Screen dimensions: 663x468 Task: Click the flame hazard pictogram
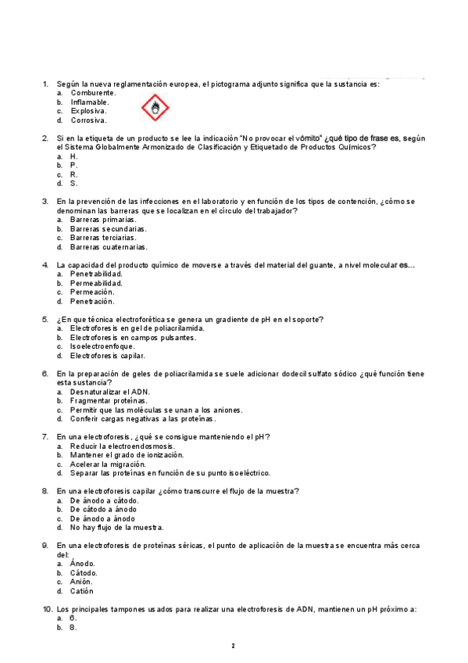tap(156, 108)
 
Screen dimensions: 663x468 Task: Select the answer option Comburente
tap(93, 92)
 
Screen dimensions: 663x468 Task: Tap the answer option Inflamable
tap(90, 102)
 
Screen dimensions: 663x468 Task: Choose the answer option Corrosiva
tap(88, 120)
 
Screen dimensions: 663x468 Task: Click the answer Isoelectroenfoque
tap(102, 346)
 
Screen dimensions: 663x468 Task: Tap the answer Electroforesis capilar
tap(107, 355)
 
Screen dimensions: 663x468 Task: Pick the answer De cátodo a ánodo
tap(103, 509)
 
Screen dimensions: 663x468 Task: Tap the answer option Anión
tap(81, 582)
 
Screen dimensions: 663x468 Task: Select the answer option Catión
tap(82, 591)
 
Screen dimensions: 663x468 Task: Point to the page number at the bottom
tap(233, 646)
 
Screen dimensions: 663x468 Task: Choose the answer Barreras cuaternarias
tap(108, 247)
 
